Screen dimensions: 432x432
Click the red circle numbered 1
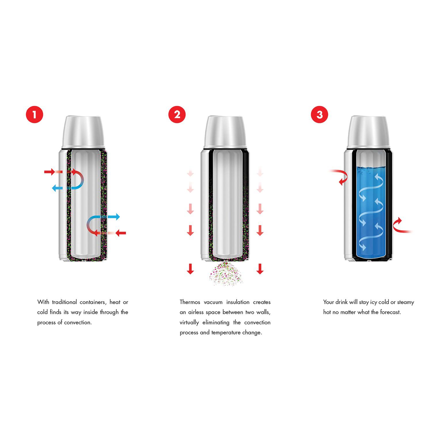point(34,115)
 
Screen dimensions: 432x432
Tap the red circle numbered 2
point(177,115)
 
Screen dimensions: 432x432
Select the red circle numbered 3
point(319,115)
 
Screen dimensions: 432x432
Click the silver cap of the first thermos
point(83,132)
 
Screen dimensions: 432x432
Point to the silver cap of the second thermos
point(225,132)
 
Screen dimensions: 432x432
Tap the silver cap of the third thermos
point(368,132)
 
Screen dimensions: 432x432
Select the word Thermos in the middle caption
point(190,302)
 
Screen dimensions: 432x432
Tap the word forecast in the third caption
point(390,312)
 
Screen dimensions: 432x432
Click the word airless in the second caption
point(196,312)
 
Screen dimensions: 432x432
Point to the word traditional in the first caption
point(64,302)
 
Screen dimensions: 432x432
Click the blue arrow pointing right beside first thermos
point(114,217)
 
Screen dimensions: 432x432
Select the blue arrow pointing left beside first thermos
point(58,188)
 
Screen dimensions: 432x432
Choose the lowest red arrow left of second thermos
point(190,269)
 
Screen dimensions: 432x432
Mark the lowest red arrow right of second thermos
point(260,269)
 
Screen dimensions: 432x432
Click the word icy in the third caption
point(374,302)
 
